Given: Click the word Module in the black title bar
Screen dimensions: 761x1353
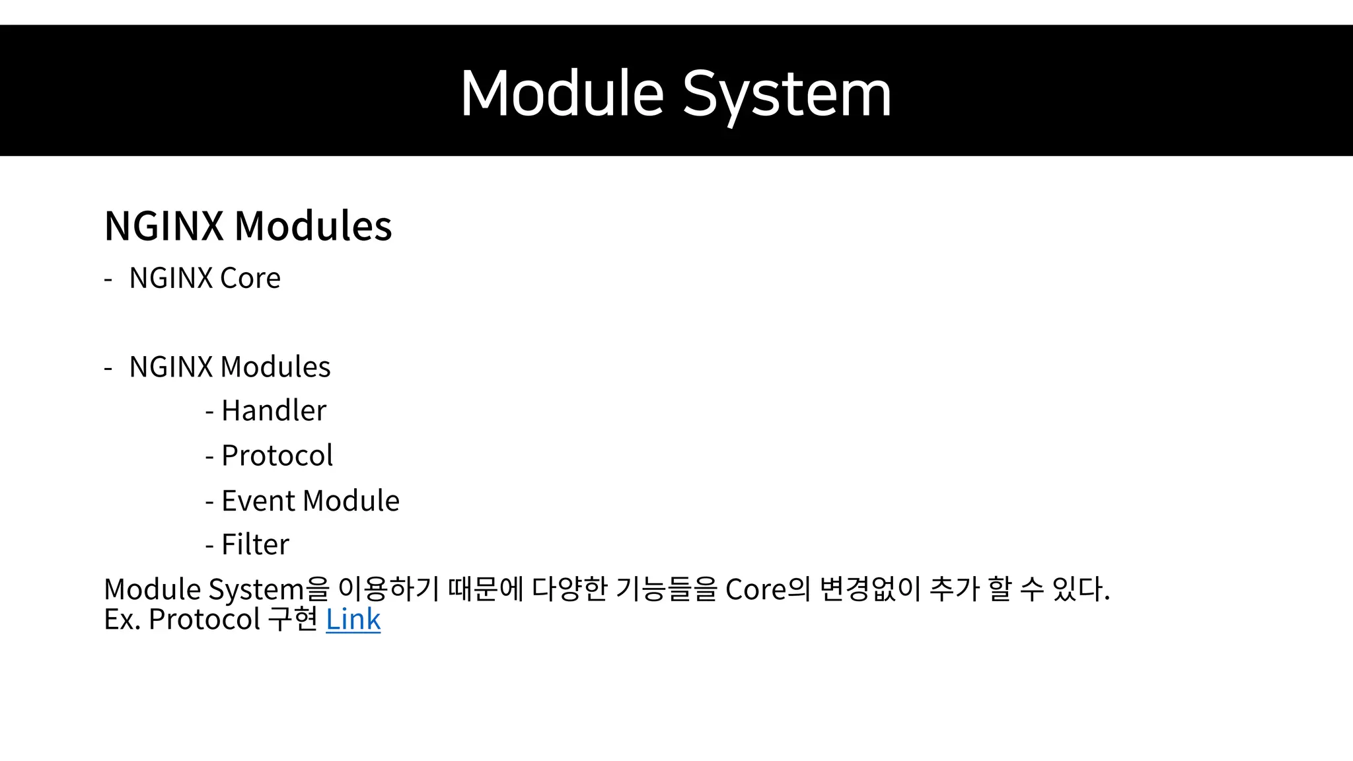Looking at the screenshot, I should coord(562,94).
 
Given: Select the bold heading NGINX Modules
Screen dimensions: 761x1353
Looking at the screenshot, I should coord(248,226).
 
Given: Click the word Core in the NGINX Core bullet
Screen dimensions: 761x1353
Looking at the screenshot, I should coord(250,278).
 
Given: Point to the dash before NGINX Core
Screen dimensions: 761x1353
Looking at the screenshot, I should coord(108,280).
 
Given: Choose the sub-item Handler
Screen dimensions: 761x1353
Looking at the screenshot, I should coord(274,411).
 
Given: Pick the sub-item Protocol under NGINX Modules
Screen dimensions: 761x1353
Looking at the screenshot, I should coord(277,456).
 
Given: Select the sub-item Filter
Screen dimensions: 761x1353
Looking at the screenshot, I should coord(255,545).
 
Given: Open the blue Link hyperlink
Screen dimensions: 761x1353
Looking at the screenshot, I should coord(353,620).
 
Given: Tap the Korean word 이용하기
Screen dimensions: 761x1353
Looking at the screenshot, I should coord(388,589).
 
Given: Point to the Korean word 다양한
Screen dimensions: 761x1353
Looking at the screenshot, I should coord(569,589).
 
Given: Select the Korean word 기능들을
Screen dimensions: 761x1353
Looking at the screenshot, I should coord(666,589).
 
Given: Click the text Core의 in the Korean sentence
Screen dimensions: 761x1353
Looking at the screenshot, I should coord(767,589).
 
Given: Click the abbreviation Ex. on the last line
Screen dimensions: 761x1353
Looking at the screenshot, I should coord(122,620).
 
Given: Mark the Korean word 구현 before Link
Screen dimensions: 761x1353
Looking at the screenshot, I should coord(293,620).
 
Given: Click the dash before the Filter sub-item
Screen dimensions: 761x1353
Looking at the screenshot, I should coord(209,546).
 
